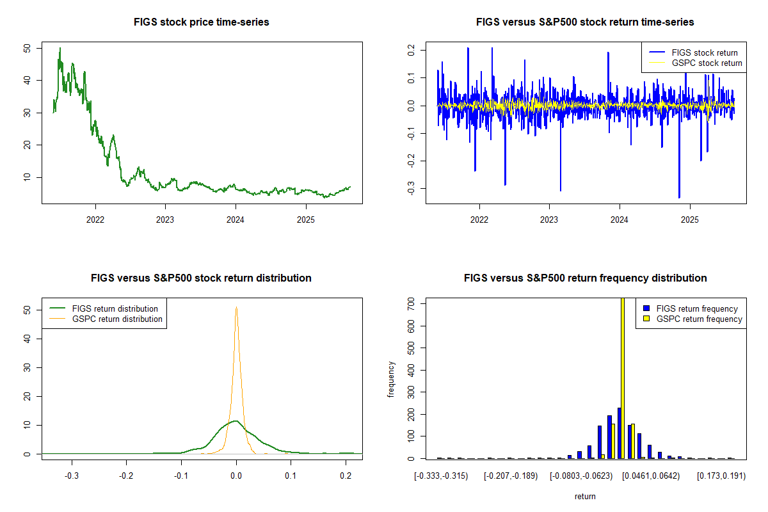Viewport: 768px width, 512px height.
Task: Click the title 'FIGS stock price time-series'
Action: click(201, 22)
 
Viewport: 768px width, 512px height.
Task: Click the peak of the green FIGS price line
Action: click(60, 48)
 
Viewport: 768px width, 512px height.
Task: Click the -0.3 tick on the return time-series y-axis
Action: click(411, 188)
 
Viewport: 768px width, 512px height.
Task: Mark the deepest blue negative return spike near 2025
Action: click(679, 197)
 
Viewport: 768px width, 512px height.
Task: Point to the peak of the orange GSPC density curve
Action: click(236, 307)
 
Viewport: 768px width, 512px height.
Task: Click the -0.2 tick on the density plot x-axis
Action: click(127, 477)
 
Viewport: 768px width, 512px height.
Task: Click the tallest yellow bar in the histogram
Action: click(623, 378)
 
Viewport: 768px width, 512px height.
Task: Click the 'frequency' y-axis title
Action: click(391, 379)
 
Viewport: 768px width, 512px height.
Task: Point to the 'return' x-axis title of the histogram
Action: click(585, 497)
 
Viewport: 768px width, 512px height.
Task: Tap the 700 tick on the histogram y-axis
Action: click(411, 304)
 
